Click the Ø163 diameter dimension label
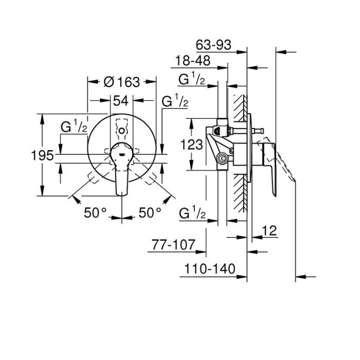tap(121, 82)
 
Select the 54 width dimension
tap(120, 101)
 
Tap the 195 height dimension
tap(42, 155)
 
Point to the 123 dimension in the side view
tap(192, 145)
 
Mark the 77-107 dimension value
tap(174, 246)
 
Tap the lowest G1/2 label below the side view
tap(193, 214)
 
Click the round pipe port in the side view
tap(222, 158)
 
